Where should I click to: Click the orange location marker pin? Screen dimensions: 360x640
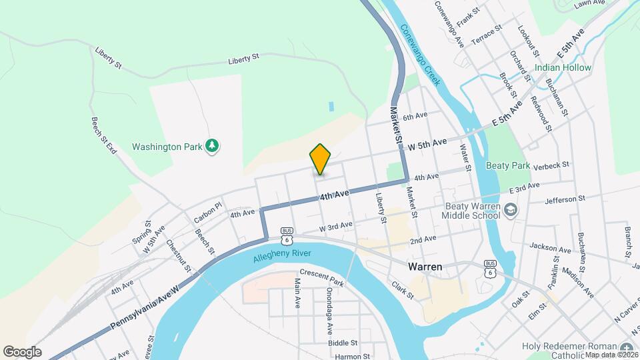pyautogui.click(x=320, y=159)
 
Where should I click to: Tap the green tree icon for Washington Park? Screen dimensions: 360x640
pyautogui.click(x=213, y=145)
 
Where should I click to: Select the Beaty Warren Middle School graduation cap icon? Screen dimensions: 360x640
pyautogui.click(x=511, y=211)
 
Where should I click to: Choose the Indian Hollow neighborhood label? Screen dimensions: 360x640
pyautogui.click(x=563, y=68)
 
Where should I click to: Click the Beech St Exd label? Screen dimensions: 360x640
pyautogui.click(x=103, y=136)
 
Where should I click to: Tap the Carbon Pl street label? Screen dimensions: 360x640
pyautogui.click(x=207, y=213)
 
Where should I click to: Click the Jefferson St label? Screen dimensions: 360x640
pyautogui.click(x=565, y=199)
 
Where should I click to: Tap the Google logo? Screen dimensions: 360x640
pyautogui.click(x=21, y=351)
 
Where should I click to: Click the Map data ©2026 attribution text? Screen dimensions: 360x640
pyautogui.click(x=611, y=354)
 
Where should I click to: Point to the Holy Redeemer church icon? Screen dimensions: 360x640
pyautogui.click(x=626, y=349)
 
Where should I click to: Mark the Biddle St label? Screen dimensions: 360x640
pyautogui.click(x=343, y=343)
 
